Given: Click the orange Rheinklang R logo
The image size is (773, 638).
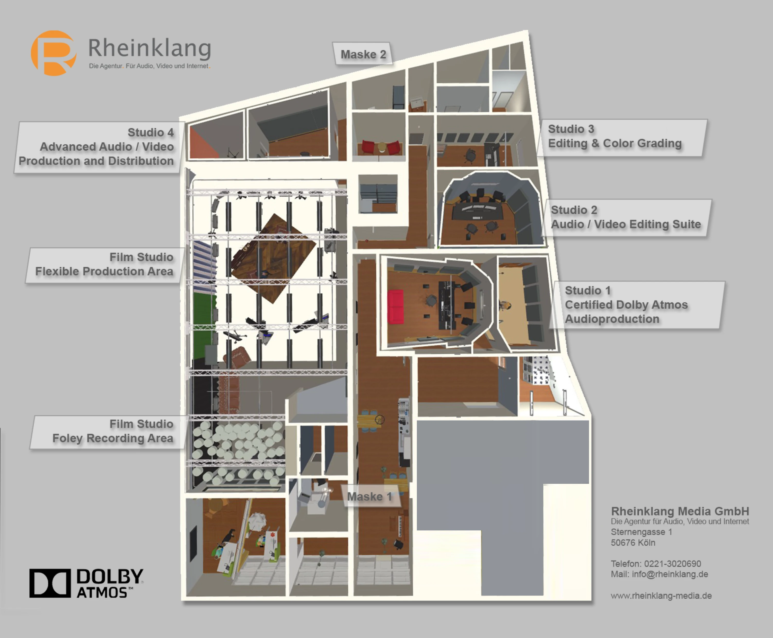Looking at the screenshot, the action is coord(54,53).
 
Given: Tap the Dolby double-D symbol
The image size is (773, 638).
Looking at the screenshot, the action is coord(50,583).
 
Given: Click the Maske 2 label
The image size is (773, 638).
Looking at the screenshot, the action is coord(363,54).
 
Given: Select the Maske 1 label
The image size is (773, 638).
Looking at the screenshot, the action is coord(370,497).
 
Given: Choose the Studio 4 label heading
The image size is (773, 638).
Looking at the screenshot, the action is coord(151,132).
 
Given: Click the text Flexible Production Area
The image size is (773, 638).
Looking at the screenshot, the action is coord(104,271).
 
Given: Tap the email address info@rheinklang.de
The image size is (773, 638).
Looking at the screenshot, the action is coord(670,574).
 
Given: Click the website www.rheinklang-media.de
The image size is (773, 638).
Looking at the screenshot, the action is coord(661,596).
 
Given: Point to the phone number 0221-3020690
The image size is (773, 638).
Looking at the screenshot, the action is coord(672,564).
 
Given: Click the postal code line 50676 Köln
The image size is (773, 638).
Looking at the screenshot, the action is coord(633,543).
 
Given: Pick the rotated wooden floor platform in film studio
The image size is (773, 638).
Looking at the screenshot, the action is coord(272,259).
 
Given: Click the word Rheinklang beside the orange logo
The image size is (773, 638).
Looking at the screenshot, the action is coord(150,48).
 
